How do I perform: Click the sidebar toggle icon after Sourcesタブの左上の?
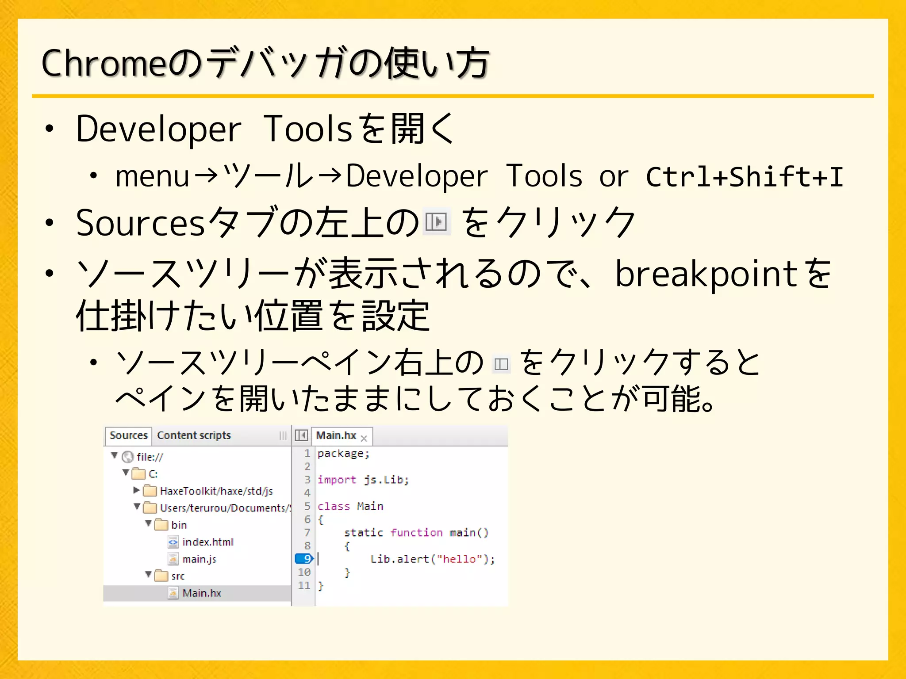tap(436, 221)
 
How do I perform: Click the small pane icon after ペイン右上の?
tap(501, 364)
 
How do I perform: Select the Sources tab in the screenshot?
tap(128, 435)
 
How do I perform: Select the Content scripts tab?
tap(194, 435)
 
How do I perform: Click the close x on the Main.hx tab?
tap(364, 439)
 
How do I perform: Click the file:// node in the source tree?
tap(150, 457)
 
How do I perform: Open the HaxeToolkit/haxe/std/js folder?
tap(216, 491)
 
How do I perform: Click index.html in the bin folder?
tap(207, 542)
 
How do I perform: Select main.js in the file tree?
tap(199, 559)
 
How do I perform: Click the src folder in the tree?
tap(177, 576)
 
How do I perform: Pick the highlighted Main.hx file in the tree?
tap(202, 593)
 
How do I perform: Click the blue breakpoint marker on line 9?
tap(304, 559)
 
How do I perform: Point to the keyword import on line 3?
tap(337, 480)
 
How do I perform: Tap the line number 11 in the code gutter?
tap(304, 585)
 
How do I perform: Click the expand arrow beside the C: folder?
tap(126, 473)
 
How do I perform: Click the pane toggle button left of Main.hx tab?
tap(301, 435)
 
